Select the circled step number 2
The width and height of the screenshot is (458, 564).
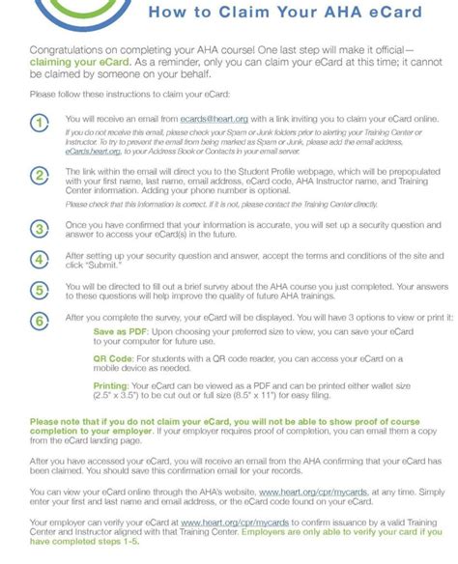[38, 175]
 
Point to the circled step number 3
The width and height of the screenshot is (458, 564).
[38, 228]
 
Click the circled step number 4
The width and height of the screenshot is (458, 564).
[38, 259]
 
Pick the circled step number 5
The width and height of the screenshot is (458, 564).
[38, 290]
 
